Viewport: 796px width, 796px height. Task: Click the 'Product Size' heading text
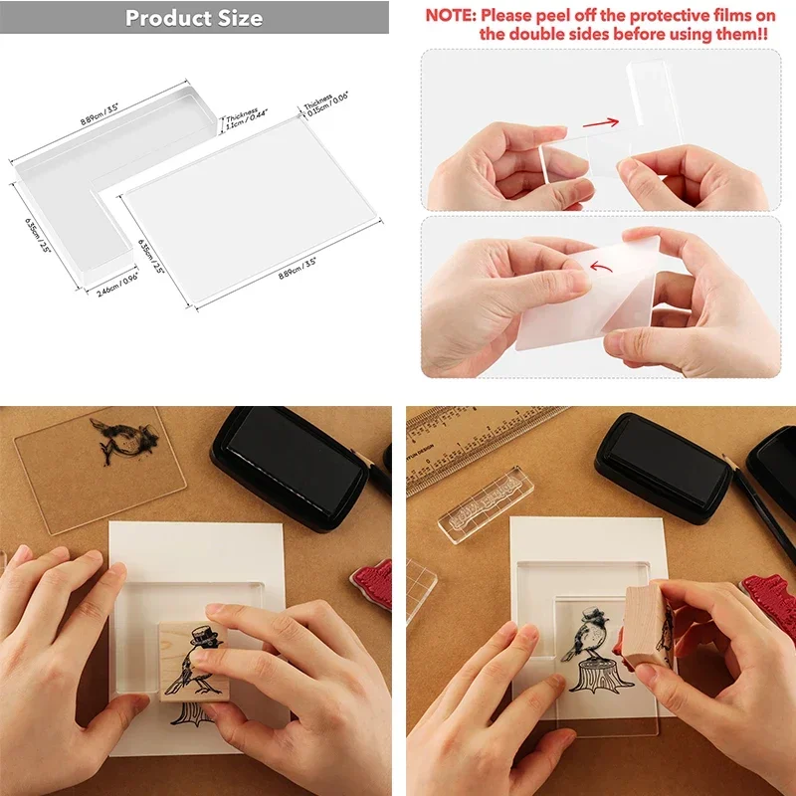point(194,18)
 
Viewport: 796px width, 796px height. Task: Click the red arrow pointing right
point(601,124)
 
